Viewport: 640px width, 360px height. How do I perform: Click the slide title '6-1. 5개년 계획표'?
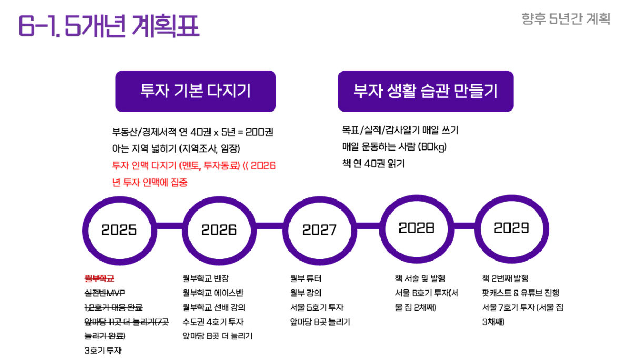click(x=109, y=26)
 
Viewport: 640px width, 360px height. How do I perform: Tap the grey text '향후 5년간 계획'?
click(x=566, y=19)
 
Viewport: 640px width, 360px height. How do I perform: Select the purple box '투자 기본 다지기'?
click(x=196, y=91)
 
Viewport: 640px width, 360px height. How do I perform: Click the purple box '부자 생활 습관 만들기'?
click(x=426, y=91)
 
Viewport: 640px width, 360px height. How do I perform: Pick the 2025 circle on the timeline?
click(x=85, y=231)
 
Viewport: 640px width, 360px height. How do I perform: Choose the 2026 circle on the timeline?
click(x=185, y=231)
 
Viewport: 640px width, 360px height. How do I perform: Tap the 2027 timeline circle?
click(x=286, y=231)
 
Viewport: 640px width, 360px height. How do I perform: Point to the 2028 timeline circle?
click(x=383, y=228)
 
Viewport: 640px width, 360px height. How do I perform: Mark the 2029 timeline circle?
click(x=478, y=228)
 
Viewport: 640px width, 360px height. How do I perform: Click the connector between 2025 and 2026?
click(x=169, y=226)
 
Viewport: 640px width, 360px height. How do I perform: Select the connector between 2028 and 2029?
click(x=464, y=226)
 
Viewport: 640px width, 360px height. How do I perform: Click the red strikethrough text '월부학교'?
click(x=99, y=278)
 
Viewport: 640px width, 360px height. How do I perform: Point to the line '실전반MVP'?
click(x=105, y=293)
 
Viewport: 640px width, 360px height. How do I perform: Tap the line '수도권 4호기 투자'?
click(x=213, y=322)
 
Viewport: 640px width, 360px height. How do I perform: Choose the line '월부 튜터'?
click(x=305, y=278)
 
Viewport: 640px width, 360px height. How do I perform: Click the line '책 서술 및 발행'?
click(x=421, y=278)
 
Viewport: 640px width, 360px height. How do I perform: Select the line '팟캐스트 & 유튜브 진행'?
click(x=521, y=293)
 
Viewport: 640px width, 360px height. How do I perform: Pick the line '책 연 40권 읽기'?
click(x=373, y=164)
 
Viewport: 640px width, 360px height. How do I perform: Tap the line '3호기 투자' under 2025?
click(x=103, y=351)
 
